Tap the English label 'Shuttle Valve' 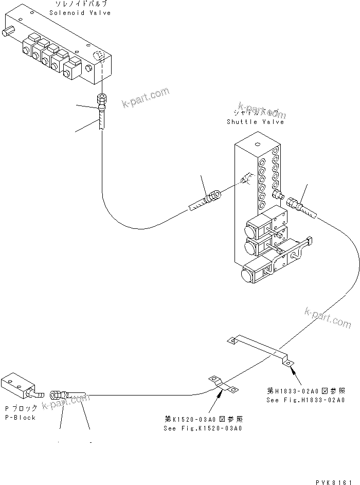coord(255,122)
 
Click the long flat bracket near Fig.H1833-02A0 coord(260,350)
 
